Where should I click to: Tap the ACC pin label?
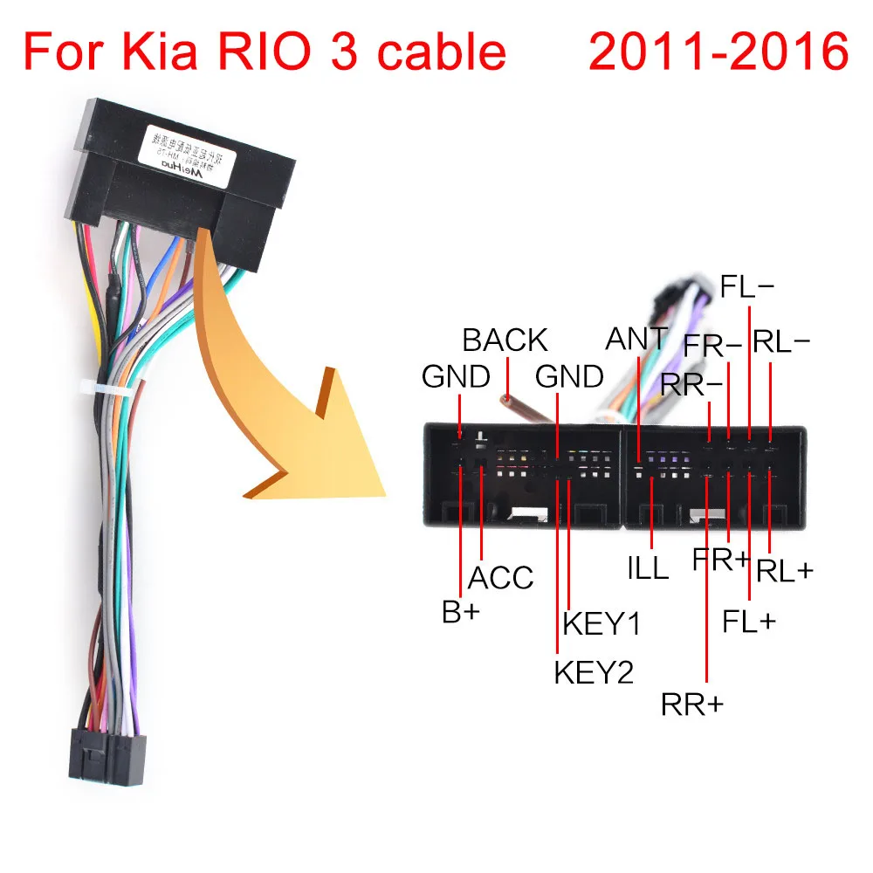[x=500, y=577]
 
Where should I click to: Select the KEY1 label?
[x=601, y=624]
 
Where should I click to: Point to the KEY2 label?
[x=594, y=672]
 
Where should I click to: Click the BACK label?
[x=505, y=340]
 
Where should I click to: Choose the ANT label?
[x=637, y=338]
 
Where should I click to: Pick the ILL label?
[x=648, y=568]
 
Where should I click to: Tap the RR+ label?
[x=692, y=704]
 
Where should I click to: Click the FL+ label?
[x=749, y=621]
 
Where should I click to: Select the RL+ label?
[x=784, y=571]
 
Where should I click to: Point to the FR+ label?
[x=721, y=560]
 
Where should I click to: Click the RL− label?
[x=781, y=342]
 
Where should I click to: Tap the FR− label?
[x=712, y=345]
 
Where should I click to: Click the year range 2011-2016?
[x=718, y=52]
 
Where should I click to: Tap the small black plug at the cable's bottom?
[x=109, y=756]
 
